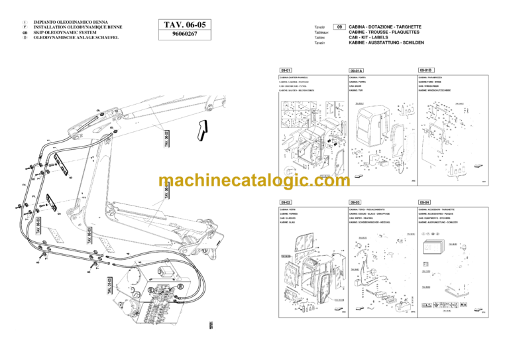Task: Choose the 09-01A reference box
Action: pyautogui.click(x=357, y=70)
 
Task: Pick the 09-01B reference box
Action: pyautogui.click(x=425, y=70)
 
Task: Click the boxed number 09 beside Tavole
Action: pyautogui.click(x=338, y=27)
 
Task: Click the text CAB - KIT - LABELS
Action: pyautogui.click(x=378, y=37)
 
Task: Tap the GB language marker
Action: pyautogui.click(x=25, y=32)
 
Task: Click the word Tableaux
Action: pyautogui.click(x=322, y=32)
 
